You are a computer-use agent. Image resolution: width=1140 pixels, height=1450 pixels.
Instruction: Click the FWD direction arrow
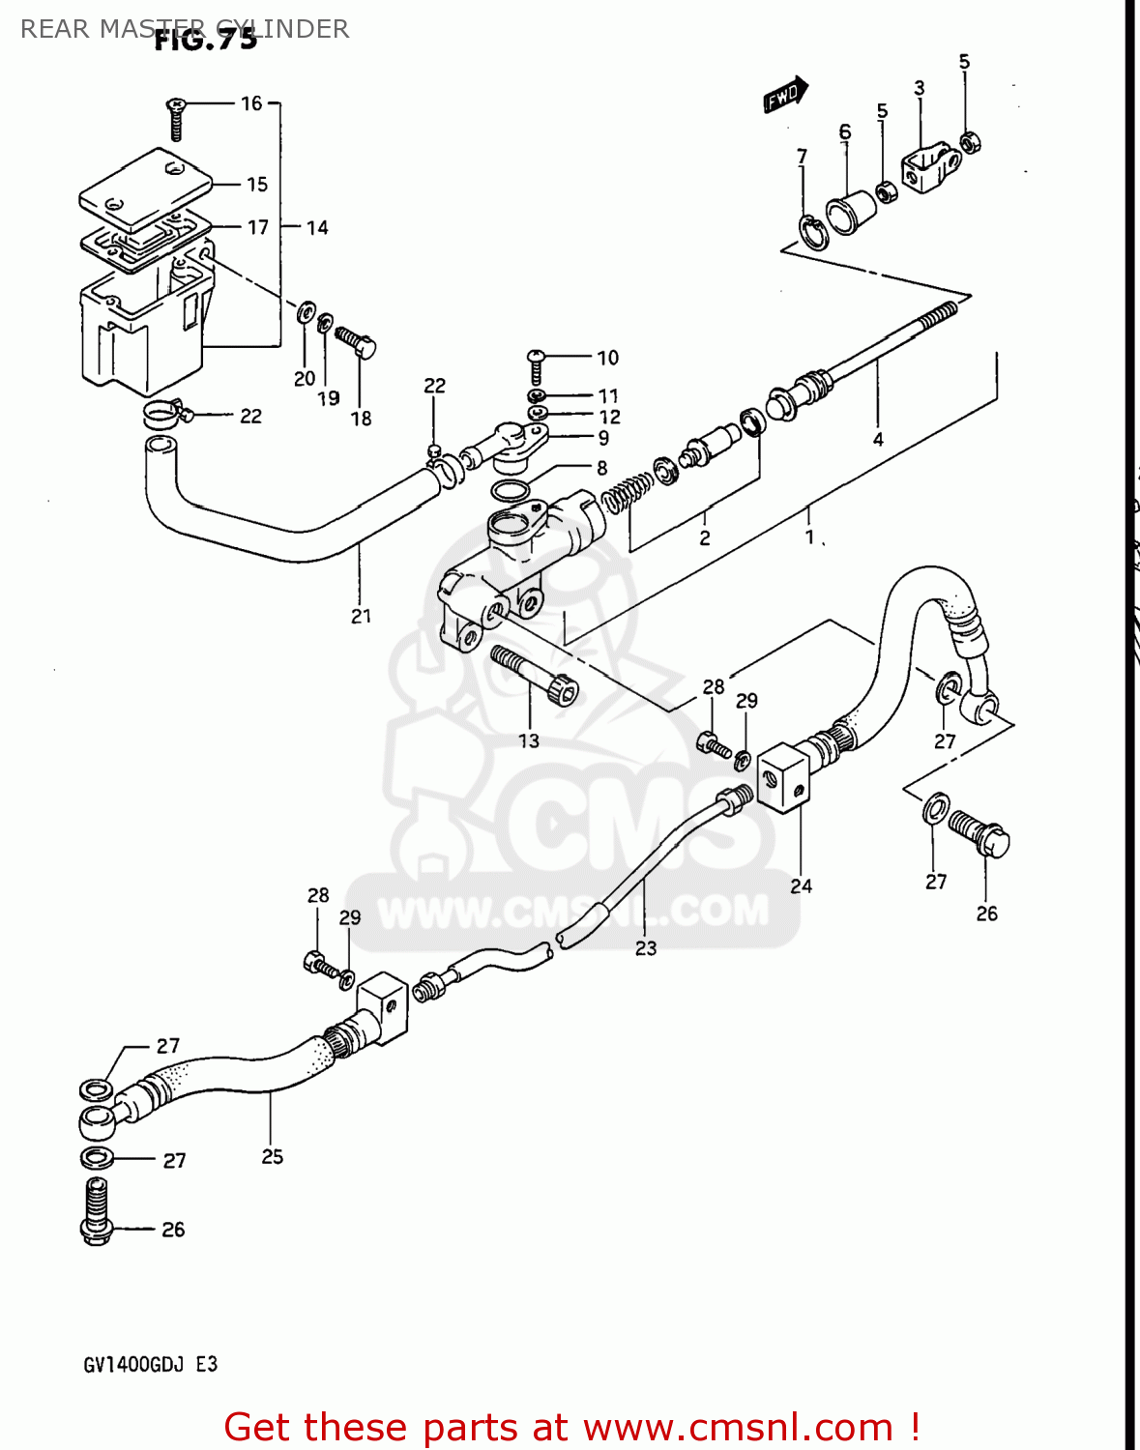pyautogui.click(x=785, y=95)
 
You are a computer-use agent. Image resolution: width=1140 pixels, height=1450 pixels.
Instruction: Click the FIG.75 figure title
pyautogui.click(x=206, y=40)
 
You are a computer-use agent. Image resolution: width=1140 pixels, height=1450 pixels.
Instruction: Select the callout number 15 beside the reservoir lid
pyautogui.click(x=256, y=184)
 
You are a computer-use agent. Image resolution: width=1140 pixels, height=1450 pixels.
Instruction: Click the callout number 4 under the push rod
pyautogui.click(x=878, y=439)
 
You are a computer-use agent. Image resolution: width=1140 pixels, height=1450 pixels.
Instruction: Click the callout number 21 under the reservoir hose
pyautogui.click(x=361, y=616)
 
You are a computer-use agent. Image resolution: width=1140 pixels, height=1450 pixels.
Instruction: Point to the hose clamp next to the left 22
pyautogui.click(x=164, y=417)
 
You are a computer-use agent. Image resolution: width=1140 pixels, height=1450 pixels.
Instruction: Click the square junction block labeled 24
pyautogui.click(x=782, y=777)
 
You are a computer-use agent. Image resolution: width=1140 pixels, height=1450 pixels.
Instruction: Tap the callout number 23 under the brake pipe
pyautogui.click(x=646, y=948)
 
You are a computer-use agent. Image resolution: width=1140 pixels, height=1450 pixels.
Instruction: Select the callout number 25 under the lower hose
pyautogui.click(x=273, y=1156)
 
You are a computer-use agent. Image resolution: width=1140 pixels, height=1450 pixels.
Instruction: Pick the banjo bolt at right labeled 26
pyautogui.click(x=980, y=833)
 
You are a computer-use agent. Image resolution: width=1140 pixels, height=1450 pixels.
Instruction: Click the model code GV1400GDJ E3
pyautogui.click(x=151, y=1365)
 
